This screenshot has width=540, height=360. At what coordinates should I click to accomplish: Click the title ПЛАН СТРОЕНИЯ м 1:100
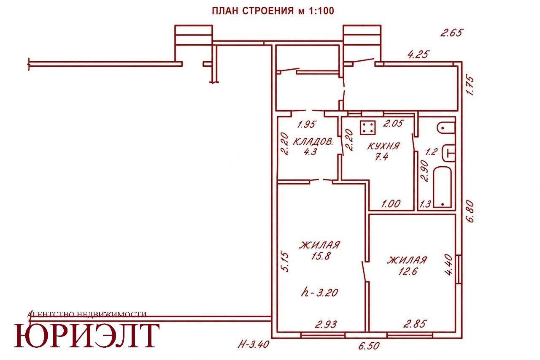tap(273, 11)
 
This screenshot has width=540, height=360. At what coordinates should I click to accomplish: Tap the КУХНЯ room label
tap(383, 146)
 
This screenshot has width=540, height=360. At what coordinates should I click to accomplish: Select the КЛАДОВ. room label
tap(313, 142)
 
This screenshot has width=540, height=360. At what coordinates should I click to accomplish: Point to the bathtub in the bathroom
tap(443, 187)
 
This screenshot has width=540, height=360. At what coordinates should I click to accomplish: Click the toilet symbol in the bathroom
tap(446, 127)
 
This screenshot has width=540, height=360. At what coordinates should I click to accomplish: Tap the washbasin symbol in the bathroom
tap(449, 153)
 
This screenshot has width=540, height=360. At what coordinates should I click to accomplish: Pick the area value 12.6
tap(408, 271)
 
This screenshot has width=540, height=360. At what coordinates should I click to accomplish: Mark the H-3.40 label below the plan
tap(254, 344)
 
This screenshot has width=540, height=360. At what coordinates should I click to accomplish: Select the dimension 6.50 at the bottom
tap(369, 346)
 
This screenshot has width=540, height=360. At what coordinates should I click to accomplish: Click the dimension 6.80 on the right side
tap(470, 212)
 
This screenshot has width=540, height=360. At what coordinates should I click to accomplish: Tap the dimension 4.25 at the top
tap(418, 54)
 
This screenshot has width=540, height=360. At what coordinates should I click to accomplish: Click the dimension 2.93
tap(326, 324)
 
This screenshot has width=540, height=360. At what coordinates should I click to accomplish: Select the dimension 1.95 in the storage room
tap(306, 125)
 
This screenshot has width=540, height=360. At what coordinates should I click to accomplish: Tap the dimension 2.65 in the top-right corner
tap(451, 32)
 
